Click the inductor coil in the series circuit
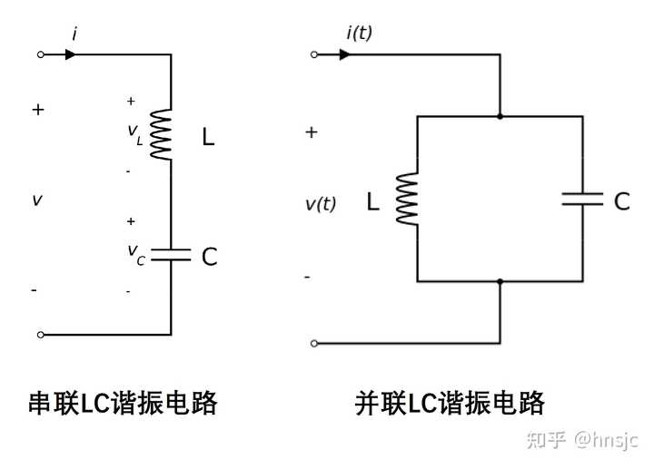[x=161, y=134]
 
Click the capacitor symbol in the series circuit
[x=171, y=255]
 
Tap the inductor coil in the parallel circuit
[x=407, y=199]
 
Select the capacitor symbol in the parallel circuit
[x=582, y=199]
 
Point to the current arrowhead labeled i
[x=71, y=54]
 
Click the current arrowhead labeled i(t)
[x=344, y=54]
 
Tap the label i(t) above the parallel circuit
[x=359, y=33]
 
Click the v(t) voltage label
[x=321, y=204]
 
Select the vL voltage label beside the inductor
[x=135, y=134]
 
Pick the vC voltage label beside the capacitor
[x=136, y=254]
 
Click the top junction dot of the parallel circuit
[x=500, y=117]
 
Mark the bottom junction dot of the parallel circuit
[x=500, y=281]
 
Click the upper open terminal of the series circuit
[x=41, y=54]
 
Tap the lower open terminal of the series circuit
[x=41, y=335]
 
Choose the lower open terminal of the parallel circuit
[x=314, y=343]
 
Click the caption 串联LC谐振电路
[x=123, y=403]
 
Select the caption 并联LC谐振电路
[x=450, y=403]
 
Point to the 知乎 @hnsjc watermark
[x=582, y=440]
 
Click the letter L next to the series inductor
[x=208, y=137]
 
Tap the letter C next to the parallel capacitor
[x=622, y=201]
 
